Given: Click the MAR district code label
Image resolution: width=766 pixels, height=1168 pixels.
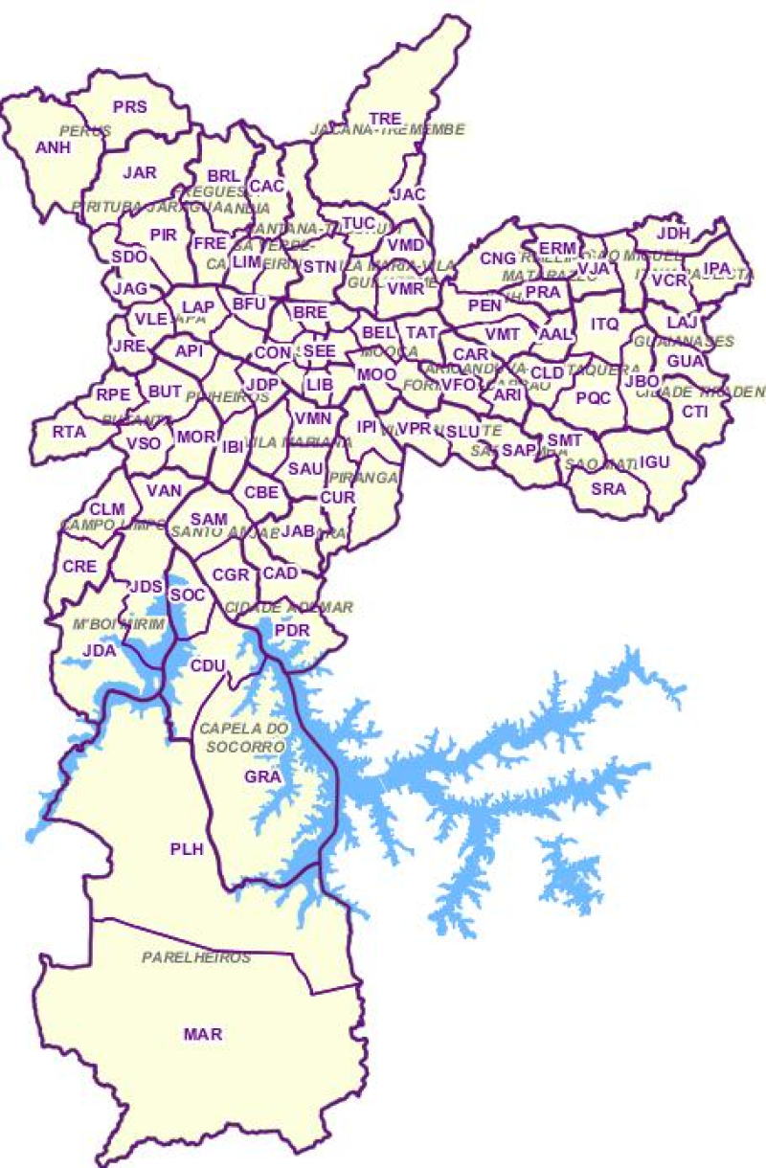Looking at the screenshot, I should (202, 1034).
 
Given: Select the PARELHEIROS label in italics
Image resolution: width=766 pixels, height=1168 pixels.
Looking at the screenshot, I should (196, 957).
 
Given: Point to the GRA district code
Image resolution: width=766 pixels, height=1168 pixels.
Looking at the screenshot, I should (261, 776).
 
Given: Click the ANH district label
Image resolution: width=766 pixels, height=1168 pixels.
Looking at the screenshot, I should (53, 147).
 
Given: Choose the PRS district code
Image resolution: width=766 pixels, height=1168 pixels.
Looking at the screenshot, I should (130, 107).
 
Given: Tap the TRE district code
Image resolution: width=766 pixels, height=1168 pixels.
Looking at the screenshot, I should (385, 119).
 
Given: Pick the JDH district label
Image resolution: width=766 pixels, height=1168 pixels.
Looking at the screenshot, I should (674, 233).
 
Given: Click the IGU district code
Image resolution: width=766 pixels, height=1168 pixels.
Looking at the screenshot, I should (655, 462).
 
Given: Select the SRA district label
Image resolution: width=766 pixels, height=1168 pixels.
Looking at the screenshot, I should (608, 488).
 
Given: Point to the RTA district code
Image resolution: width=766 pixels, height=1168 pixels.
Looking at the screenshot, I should (69, 432).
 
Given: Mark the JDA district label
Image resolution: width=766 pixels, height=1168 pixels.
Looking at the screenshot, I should (100, 650).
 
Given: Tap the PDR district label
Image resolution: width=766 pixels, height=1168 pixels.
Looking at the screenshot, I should (291, 631).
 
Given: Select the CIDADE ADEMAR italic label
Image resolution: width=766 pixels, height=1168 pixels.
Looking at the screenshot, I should (289, 608).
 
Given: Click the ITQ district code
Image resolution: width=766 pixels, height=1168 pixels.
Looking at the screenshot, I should (604, 324).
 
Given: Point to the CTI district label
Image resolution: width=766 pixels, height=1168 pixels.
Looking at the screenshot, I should (694, 412).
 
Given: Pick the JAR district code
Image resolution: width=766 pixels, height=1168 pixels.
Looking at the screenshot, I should (140, 173).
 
